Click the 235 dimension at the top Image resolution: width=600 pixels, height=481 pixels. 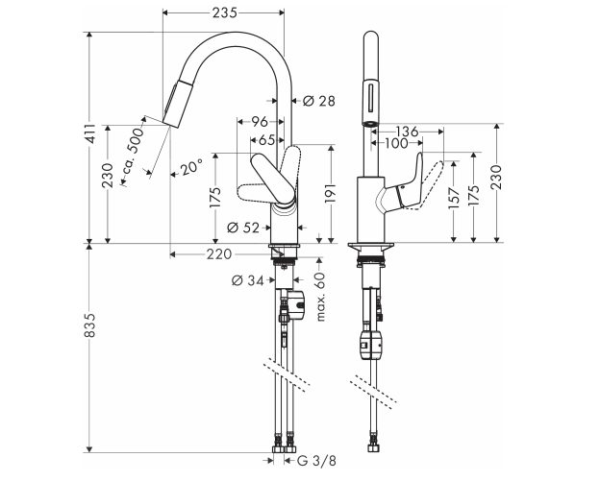(224, 12)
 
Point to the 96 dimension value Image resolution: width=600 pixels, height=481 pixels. (259, 123)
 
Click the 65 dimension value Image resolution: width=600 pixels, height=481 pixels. (266, 140)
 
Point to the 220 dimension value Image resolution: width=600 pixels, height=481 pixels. (219, 254)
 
